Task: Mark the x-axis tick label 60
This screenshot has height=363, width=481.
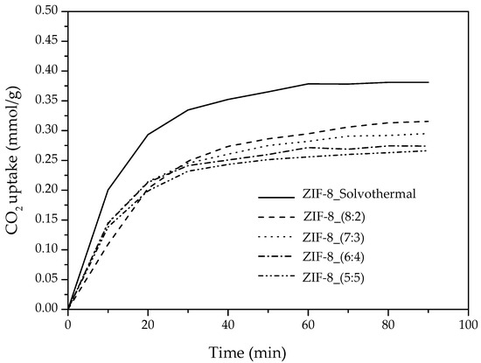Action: [309, 324]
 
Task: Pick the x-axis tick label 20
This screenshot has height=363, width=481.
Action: [148, 324]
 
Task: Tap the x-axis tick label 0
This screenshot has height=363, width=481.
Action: [68, 324]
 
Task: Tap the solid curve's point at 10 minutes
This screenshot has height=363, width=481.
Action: [108, 190]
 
